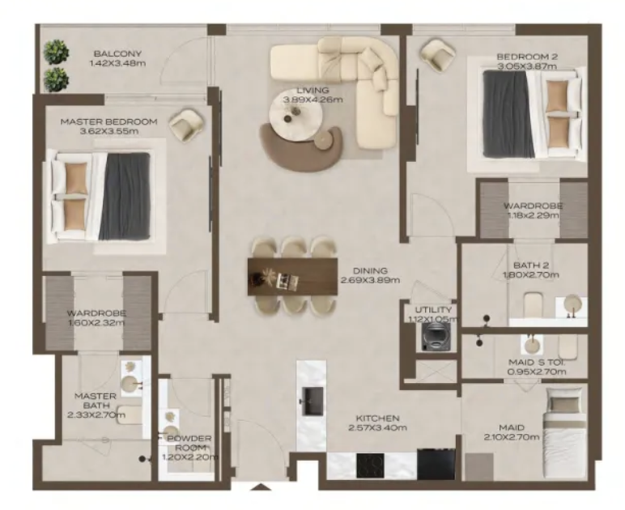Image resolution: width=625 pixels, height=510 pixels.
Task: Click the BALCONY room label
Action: pyautogui.click(x=117, y=53)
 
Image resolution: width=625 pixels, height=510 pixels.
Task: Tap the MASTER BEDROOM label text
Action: pyautogui.click(x=108, y=122)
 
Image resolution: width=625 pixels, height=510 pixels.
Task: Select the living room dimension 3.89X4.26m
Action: pyautogui.click(x=312, y=100)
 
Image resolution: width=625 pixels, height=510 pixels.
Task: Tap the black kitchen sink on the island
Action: pyautogui.click(x=312, y=401)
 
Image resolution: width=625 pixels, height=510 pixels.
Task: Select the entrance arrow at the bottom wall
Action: pyautogui.click(x=261, y=487)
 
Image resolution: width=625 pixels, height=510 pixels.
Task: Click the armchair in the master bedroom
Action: pyautogui.click(x=186, y=125)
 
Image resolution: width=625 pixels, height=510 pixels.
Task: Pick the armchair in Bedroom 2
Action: pyautogui.click(x=438, y=55)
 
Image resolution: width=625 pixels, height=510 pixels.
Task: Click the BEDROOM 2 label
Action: pyautogui.click(x=527, y=57)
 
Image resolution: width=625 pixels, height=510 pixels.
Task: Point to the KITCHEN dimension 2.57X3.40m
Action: pyautogui.click(x=377, y=428)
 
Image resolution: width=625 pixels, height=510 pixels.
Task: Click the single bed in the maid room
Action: pyautogui.click(x=566, y=433)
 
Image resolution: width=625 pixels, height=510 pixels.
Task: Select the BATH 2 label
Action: pyautogui.click(x=531, y=266)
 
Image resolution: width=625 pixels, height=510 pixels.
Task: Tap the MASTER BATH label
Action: pyautogui.click(x=96, y=401)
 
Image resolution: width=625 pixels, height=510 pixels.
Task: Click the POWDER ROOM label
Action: pyautogui.click(x=189, y=443)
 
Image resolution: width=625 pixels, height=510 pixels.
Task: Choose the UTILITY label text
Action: pyautogui.click(x=433, y=310)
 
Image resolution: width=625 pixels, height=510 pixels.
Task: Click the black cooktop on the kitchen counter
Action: pyautogui.click(x=370, y=465)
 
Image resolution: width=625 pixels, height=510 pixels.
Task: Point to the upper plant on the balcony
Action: pyautogui.click(x=56, y=52)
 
